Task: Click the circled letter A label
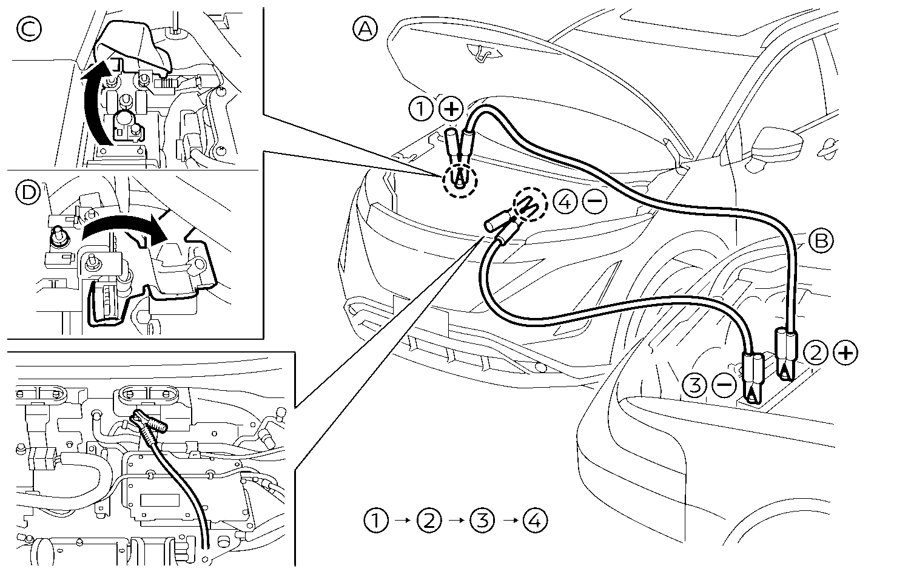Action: pyautogui.click(x=365, y=28)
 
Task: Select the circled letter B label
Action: pyautogui.click(x=821, y=241)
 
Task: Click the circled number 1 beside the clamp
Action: pyautogui.click(x=420, y=109)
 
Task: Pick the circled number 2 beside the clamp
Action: pyautogui.click(x=816, y=353)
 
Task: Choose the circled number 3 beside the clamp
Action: pyautogui.click(x=694, y=384)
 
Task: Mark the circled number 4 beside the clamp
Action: pyautogui.click(x=565, y=203)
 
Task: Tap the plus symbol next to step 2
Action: pyautogui.click(x=845, y=353)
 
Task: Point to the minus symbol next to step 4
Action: pyautogui.click(x=594, y=203)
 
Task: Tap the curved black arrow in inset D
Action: pyautogui.click(x=124, y=228)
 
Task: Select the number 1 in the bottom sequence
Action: pyautogui.click(x=377, y=521)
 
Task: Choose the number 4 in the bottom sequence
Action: pyautogui.click(x=534, y=521)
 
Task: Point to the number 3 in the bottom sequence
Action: pyautogui.click(x=482, y=521)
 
